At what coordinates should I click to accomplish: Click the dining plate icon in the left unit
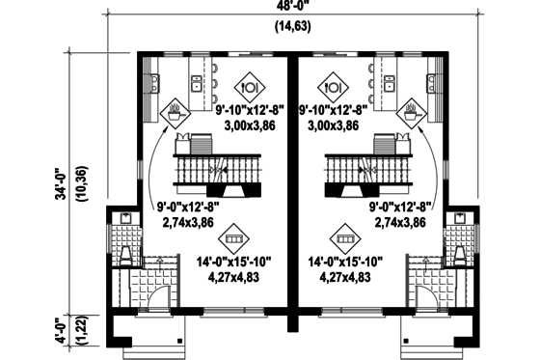(x=250, y=85)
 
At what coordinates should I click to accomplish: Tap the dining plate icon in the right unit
(x=331, y=85)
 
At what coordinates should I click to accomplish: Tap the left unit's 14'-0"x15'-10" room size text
(x=233, y=262)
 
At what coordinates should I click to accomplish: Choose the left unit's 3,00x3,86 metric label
(x=251, y=125)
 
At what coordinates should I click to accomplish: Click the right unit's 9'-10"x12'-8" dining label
(x=330, y=111)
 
